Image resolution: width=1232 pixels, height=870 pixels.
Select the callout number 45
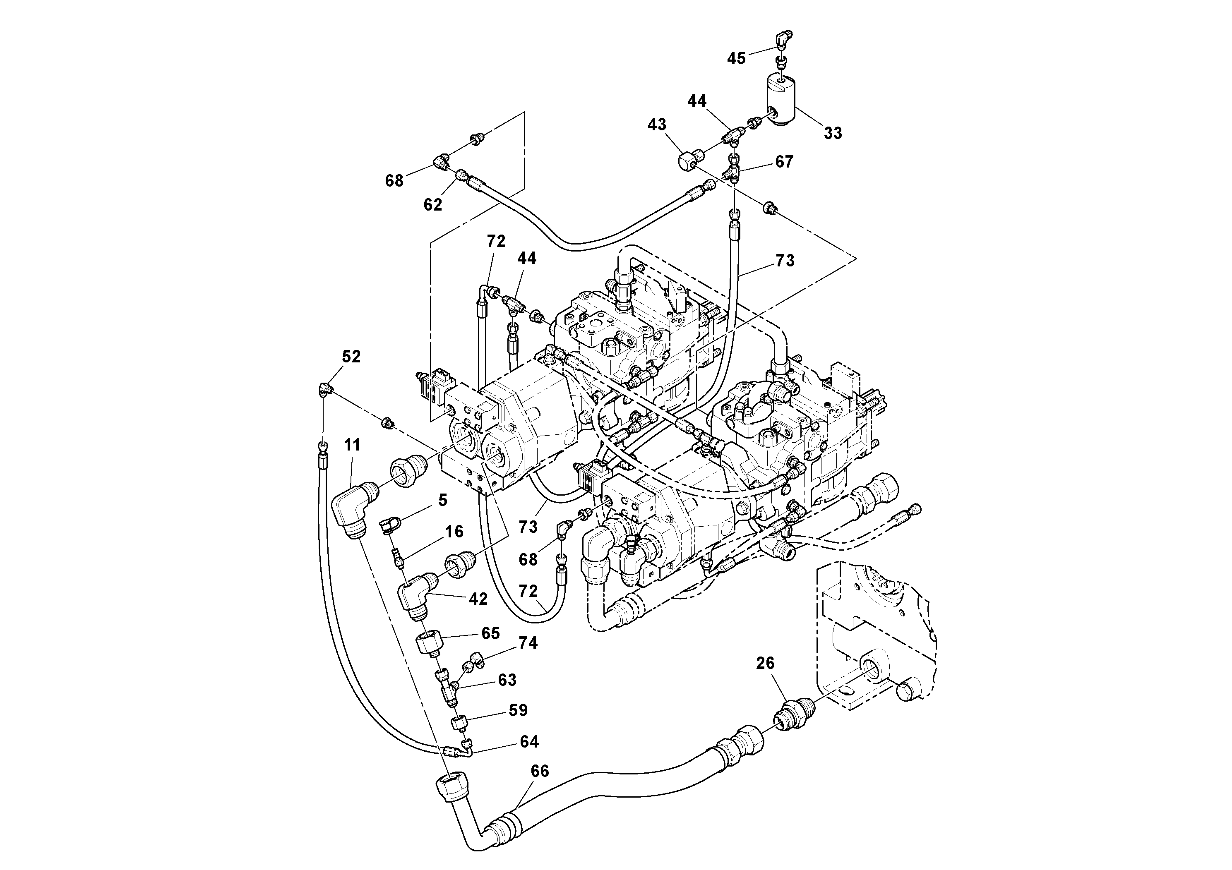click(x=736, y=58)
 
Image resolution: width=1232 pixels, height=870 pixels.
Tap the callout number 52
click(x=351, y=357)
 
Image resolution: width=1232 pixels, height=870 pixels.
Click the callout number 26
click(x=765, y=663)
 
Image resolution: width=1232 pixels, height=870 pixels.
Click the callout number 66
click(x=539, y=771)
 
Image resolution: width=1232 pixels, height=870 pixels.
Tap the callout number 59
click(x=518, y=710)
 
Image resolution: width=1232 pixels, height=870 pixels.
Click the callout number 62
click(x=432, y=204)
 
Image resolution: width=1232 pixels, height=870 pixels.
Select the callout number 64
click(x=528, y=741)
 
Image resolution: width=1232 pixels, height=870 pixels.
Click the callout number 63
click(x=507, y=680)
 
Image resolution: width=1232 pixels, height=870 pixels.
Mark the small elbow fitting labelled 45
click(x=784, y=38)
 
